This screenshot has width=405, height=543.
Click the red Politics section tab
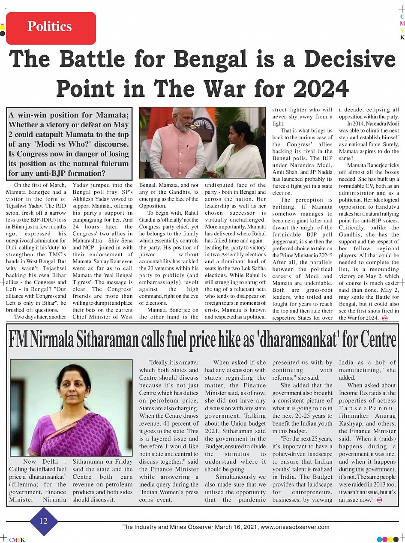pos(51,27)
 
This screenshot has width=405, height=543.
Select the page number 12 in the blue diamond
pos(44,521)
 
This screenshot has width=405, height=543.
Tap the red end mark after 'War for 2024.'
pos(384,318)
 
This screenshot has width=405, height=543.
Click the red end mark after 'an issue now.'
pos(379,500)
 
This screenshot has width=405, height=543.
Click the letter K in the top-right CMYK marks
pos(402,37)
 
